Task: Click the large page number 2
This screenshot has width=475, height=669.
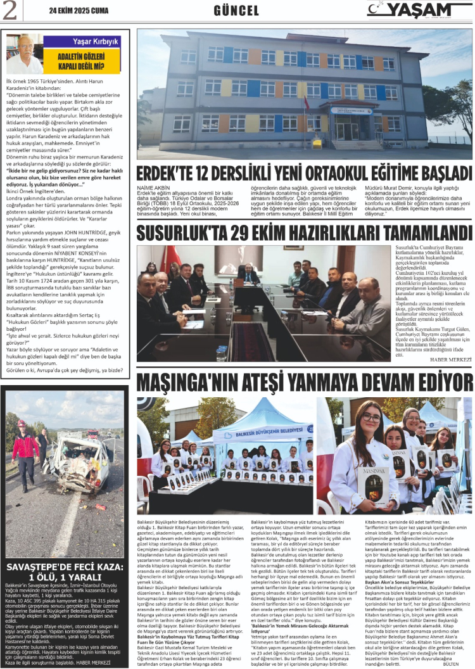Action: [x=10, y=11]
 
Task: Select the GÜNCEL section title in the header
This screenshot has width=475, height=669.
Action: [x=236, y=11]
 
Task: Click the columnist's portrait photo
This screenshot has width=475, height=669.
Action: [x=24, y=53]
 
